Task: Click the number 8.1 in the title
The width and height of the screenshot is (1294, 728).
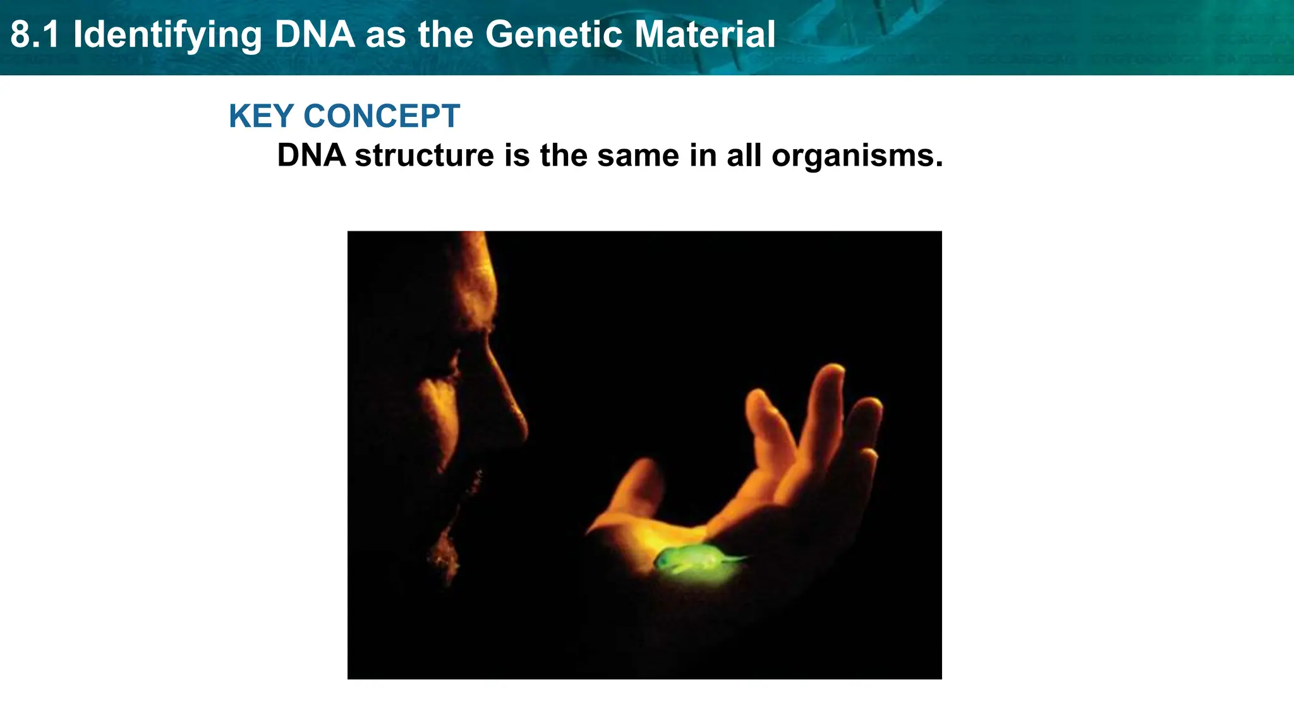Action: tap(35, 35)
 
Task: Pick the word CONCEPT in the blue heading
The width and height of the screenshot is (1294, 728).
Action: tap(382, 116)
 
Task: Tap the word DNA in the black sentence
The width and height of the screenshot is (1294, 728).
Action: tap(311, 155)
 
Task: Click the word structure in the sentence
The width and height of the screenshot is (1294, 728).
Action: tap(424, 156)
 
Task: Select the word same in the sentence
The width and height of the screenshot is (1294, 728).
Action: tap(638, 156)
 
